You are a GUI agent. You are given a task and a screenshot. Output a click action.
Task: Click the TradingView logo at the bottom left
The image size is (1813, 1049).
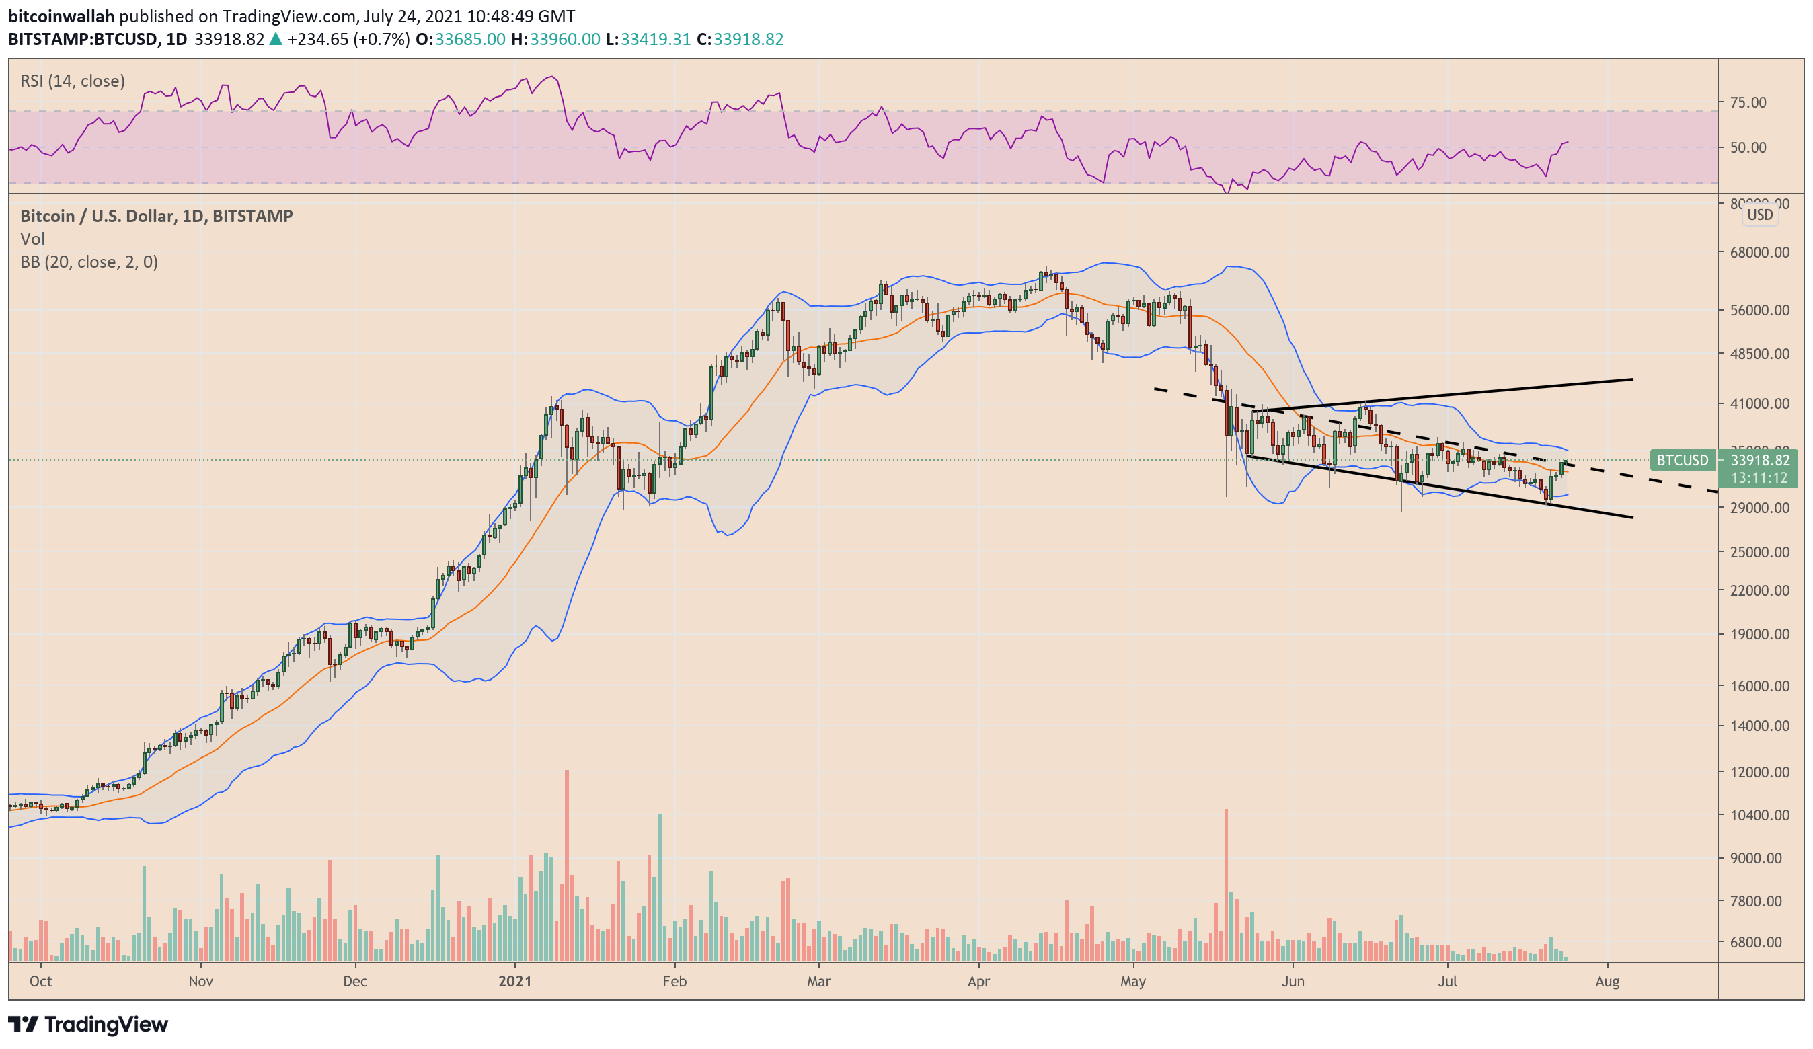click(x=88, y=1024)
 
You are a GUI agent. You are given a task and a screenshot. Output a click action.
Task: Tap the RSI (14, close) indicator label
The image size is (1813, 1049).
click(x=72, y=81)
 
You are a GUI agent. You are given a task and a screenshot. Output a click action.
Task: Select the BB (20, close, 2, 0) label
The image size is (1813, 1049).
click(x=89, y=262)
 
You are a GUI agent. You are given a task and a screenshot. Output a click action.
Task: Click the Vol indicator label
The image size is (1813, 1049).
click(x=32, y=239)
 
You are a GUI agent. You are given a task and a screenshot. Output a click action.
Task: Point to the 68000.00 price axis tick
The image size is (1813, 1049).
click(x=1759, y=253)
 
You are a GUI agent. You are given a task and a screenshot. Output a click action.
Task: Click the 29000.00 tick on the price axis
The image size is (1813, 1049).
click(x=1759, y=508)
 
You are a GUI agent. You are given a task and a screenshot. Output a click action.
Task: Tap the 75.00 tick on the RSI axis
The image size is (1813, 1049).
click(x=1748, y=102)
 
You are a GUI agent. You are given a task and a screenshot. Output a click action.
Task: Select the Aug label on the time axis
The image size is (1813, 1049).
click(x=1607, y=981)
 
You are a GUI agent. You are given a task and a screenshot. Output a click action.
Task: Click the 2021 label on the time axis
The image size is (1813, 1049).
click(x=515, y=981)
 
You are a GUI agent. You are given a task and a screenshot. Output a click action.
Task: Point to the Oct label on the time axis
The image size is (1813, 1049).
click(x=41, y=981)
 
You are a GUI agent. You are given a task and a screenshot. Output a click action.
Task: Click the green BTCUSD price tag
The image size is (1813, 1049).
click(x=1682, y=461)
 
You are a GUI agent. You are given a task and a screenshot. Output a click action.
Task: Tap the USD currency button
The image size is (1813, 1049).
click(x=1760, y=215)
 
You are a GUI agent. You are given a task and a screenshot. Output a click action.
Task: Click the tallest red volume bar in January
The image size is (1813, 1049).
click(x=567, y=863)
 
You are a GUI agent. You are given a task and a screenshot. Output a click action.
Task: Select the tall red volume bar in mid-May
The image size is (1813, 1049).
click(x=1226, y=885)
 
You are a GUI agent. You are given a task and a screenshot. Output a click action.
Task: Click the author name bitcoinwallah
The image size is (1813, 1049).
click(x=61, y=16)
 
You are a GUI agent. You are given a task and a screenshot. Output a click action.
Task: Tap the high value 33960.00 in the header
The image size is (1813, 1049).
click(x=565, y=39)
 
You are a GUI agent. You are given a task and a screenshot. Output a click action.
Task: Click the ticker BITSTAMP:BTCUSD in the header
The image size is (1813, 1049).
click(x=83, y=39)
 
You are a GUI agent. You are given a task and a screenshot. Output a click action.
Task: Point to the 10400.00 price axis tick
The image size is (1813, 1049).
click(x=1759, y=815)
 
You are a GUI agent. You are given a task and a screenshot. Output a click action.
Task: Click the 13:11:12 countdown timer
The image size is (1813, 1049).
click(x=1759, y=477)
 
